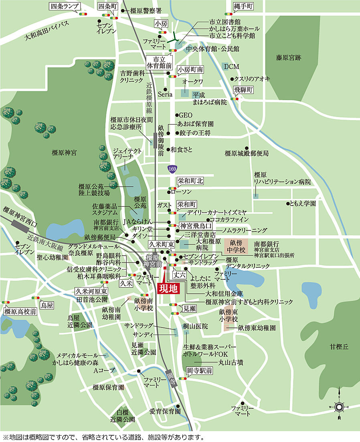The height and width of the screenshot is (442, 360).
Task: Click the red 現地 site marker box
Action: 168,288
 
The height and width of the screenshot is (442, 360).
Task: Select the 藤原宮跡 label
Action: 288,58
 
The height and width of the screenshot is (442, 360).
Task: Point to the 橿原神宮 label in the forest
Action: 64,153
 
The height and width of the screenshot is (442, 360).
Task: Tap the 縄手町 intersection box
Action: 244,6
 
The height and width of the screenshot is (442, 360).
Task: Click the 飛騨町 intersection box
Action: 244,90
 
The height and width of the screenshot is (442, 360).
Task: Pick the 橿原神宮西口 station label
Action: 19,216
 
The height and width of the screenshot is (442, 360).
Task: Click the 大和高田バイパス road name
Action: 47,30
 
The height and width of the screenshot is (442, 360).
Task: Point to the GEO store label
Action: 186,115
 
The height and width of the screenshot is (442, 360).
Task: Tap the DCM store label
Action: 231,66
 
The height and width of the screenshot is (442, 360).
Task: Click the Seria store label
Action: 165,95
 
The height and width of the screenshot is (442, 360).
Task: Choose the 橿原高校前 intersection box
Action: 20,311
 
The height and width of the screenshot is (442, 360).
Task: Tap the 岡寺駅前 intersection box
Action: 200,371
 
